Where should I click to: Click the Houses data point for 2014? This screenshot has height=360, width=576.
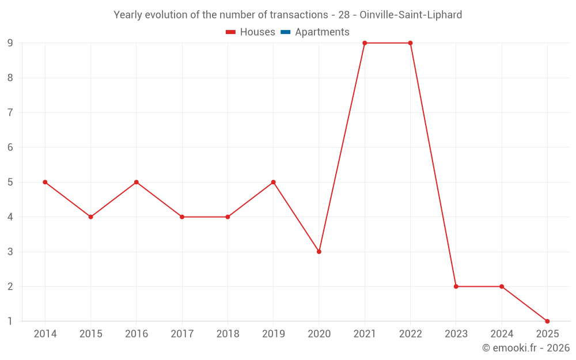click(x=45, y=182)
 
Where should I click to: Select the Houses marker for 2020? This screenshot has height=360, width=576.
click(x=319, y=252)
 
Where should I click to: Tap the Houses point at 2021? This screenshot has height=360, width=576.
click(x=365, y=43)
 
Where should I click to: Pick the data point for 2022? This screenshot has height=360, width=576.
click(x=410, y=43)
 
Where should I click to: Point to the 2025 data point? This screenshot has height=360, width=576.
click(x=547, y=321)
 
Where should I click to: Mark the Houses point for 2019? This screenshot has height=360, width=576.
click(x=273, y=182)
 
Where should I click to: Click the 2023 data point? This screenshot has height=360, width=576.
click(x=456, y=286)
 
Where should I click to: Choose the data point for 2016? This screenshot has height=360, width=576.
click(x=137, y=182)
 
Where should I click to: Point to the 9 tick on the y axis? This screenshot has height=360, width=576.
click(x=10, y=43)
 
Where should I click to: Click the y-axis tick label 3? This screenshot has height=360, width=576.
click(x=10, y=252)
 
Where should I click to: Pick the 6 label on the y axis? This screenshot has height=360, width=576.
click(x=10, y=147)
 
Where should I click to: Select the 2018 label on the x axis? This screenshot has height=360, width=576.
click(x=228, y=334)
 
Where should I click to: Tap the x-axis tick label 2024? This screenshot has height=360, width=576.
click(x=502, y=334)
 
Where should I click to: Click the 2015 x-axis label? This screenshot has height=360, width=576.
click(x=90, y=334)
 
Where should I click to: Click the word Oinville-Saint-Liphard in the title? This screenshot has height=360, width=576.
click(x=415, y=15)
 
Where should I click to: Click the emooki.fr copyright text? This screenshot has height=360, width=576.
click(x=526, y=348)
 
